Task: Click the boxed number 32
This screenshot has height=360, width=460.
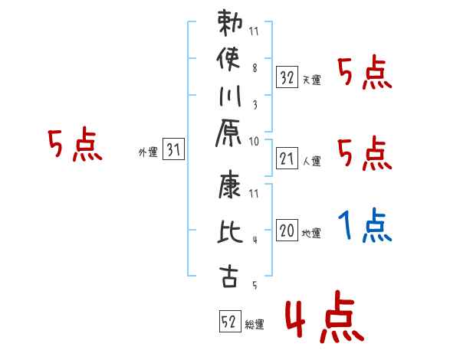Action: click(287, 77)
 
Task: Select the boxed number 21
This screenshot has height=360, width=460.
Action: click(287, 159)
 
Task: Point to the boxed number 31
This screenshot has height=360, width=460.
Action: click(173, 151)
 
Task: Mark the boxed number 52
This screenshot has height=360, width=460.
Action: click(229, 322)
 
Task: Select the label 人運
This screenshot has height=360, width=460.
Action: click(311, 162)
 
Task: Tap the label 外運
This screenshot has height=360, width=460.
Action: click(148, 153)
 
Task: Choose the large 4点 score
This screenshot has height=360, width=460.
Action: click(323, 320)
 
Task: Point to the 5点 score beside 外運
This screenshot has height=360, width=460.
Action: click(75, 145)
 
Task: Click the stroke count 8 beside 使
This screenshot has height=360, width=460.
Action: click(255, 67)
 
